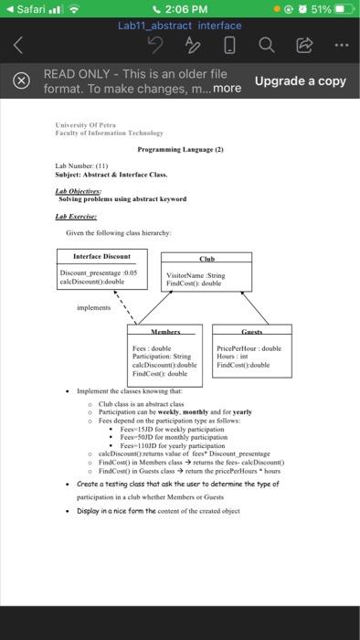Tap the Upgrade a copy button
300,80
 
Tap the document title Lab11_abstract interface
180,26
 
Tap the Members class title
165,331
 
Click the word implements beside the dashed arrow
93,308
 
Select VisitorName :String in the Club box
195,275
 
